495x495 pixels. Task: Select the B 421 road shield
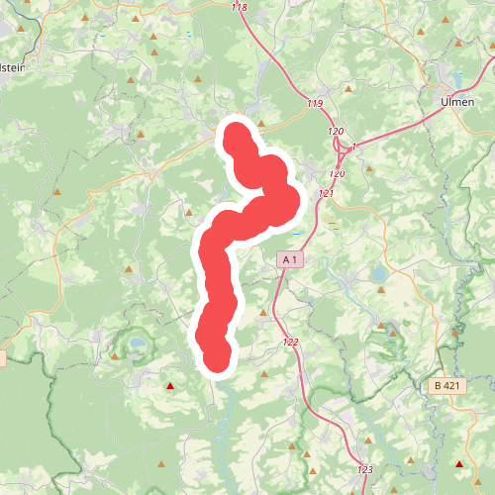click(x=447, y=385)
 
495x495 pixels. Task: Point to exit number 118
click(x=239, y=8)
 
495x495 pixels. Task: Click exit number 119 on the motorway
click(x=315, y=104)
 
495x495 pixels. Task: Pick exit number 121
click(x=327, y=193)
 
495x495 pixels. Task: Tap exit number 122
click(x=290, y=342)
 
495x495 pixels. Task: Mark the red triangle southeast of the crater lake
click(x=170, y=386)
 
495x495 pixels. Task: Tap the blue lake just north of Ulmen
click(x=456, y=79)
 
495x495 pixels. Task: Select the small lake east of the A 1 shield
click(x=377, y=272)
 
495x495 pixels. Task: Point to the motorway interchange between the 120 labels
click(x=346, y=148)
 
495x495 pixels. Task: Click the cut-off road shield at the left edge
click(x=2, y=358)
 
